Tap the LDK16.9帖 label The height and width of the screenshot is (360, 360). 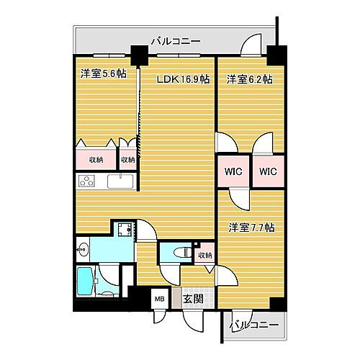tap(183, 78)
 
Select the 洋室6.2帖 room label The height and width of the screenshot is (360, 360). tap(249, 78)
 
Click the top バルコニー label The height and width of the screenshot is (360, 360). tap(176, 41)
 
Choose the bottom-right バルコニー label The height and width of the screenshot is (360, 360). tap(253, 325)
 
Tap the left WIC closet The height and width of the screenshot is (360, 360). tap(233, 171)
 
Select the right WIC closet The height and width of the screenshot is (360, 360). tap(269, 171)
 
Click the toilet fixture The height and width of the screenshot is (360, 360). tap(181, 253)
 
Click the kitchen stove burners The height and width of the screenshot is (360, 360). tap(88, 181)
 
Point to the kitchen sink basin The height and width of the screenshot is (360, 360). tap(120, 181)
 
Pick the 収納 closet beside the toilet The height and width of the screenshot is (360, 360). tap(204, 255)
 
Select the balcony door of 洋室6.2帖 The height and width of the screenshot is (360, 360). tap(251, 50)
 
